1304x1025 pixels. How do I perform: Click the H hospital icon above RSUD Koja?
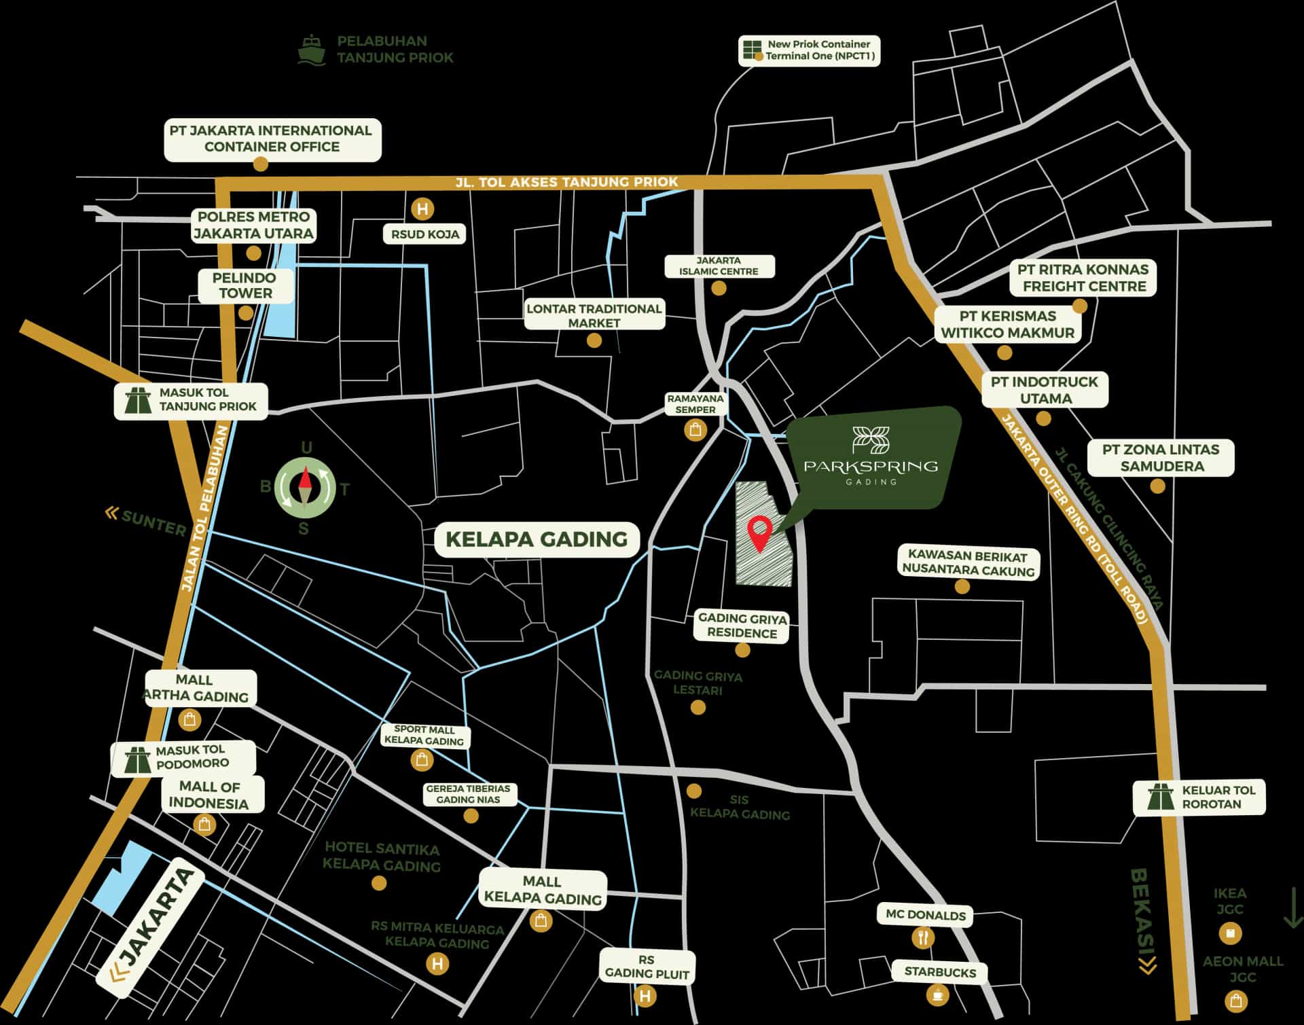click(422, 209)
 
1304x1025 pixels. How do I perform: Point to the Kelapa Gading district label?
click(537, 539)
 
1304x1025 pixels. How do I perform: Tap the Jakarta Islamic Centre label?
click(719, 266)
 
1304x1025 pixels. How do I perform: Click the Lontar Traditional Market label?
click(594, 315)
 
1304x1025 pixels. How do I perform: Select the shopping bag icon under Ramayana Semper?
click(695, 430)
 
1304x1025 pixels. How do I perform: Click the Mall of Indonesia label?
click(209, 795)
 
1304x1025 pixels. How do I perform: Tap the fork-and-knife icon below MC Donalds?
click(923, 938)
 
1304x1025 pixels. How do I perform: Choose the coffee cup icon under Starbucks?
click(938, 995)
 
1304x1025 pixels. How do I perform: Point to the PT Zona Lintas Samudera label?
click(1161, 458)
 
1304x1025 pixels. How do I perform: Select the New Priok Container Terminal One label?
click(818, 50)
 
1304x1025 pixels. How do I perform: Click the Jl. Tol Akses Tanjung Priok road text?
click(566, 182)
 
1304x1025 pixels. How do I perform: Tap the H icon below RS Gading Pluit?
click(645, 996)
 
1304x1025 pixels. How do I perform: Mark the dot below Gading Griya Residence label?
click(742, 650)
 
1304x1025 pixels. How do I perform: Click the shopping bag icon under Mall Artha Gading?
click(189, 719)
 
